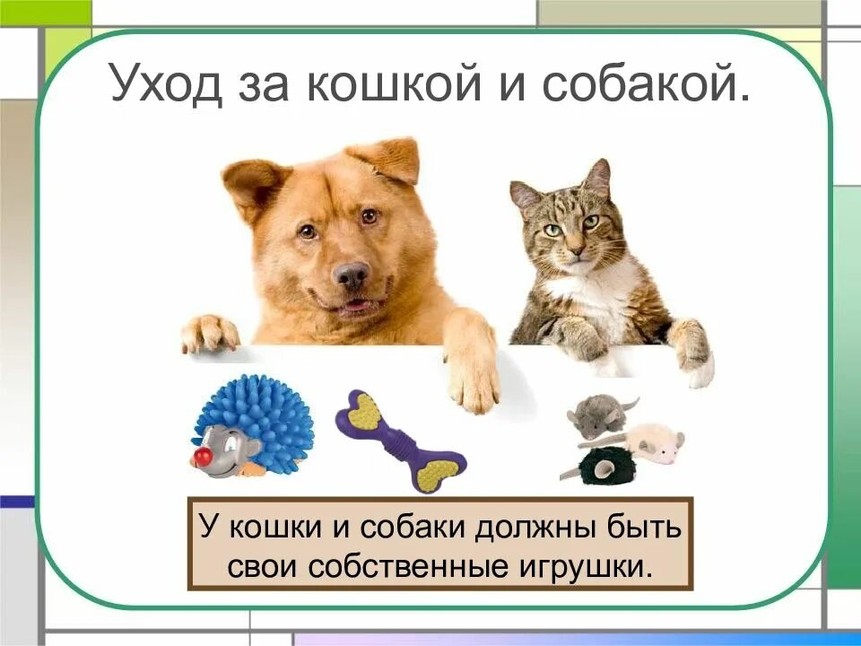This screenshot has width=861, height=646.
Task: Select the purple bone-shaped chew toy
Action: point(401,439)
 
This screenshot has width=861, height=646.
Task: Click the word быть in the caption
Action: point(642,527)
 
